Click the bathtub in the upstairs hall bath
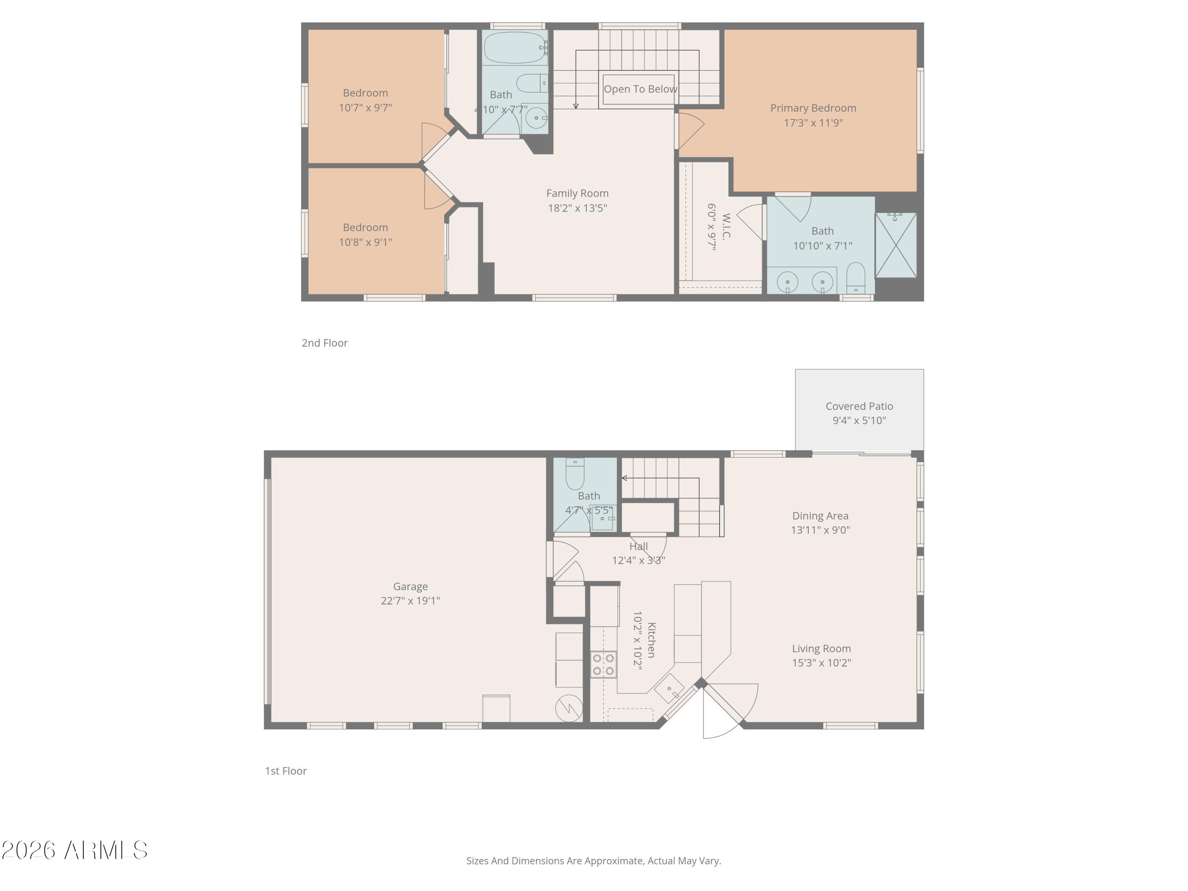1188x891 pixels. [515, 48]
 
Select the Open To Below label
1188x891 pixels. [640, 89]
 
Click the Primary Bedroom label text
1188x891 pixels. [813, 108]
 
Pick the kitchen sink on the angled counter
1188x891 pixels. [669, 689]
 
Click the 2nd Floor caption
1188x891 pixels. [324, 343]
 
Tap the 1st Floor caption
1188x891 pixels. [286, 771]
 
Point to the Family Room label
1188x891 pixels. [577, 193]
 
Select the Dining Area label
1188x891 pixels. [820, 516]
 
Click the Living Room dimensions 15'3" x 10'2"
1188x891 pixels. [821, 663]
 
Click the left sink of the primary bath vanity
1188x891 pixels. [787, 282]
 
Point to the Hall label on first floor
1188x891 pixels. [639, 546]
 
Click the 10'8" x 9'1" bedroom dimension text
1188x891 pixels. [365, 242]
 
